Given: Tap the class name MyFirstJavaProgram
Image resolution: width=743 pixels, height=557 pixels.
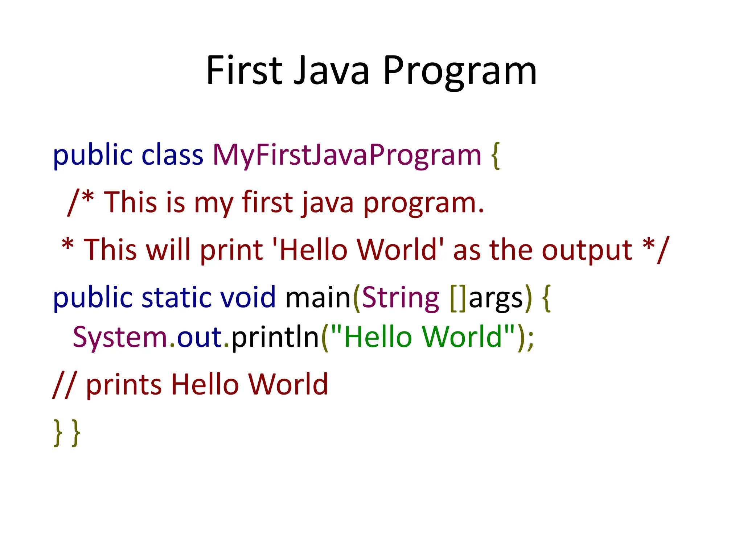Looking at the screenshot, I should pyautogui.click(x=346, y=155).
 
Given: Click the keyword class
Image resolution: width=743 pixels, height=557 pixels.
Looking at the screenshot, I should pyautogui.click(x=172, y=155).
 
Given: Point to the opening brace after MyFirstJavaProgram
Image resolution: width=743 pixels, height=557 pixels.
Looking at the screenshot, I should pyautogui.click(x=495, y=155).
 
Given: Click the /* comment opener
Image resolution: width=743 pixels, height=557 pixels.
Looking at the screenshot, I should pyautogui.click(x=81, y=202).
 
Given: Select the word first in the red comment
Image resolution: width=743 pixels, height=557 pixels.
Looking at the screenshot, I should pyautogui.click(x=267, y=202).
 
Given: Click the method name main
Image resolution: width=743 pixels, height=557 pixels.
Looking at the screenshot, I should pyautogui.click(x=318, y=297).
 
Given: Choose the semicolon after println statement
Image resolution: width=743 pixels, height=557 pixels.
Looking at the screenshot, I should pyautogui.click(x=531, y=339).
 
